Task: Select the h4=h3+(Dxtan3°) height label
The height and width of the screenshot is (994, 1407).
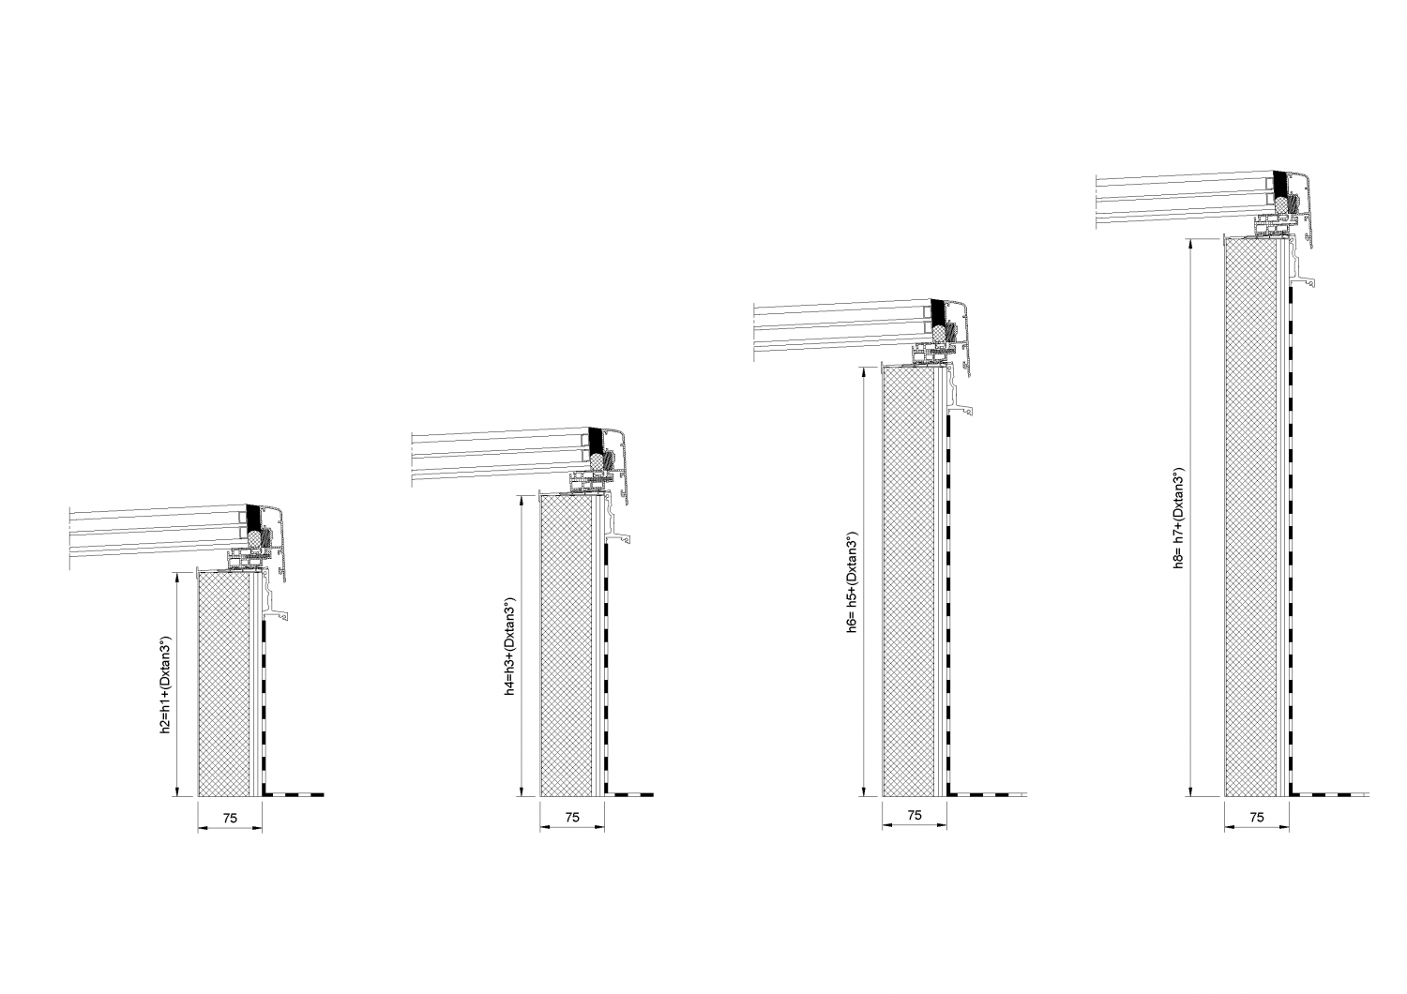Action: (x=509, y=647)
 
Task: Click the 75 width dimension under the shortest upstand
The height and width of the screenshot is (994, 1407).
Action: (x=230, y=818)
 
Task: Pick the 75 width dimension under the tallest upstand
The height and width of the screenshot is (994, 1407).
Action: (x=1257, y=817)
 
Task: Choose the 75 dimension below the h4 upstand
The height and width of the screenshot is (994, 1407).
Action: (x=572, y=817)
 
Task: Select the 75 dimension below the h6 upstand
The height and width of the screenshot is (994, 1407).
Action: (x=915, y=816)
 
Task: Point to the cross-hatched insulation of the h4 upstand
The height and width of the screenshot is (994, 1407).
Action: (x=567, y=647)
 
